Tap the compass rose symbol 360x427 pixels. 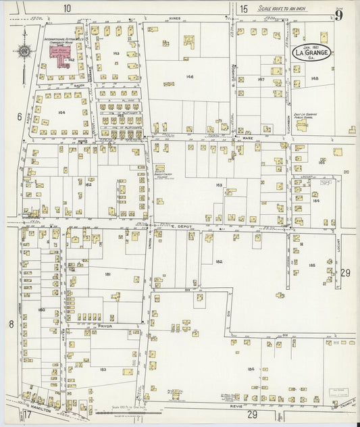tap(24, 51)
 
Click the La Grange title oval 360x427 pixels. tap(311, 52)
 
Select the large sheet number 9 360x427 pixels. tap(338, 14)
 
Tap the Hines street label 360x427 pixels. tap(176, 19)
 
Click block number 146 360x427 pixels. tap(190, 76)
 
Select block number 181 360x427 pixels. tap(108, 274)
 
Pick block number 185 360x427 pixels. tap(311, 266)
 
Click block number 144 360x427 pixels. tap(61, 112)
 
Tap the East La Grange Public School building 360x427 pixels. tap(301, 124)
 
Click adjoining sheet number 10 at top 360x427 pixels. tap(67, 8)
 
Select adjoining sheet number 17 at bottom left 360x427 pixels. tap(28, 413)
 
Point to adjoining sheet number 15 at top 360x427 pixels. tap(243, 8)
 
